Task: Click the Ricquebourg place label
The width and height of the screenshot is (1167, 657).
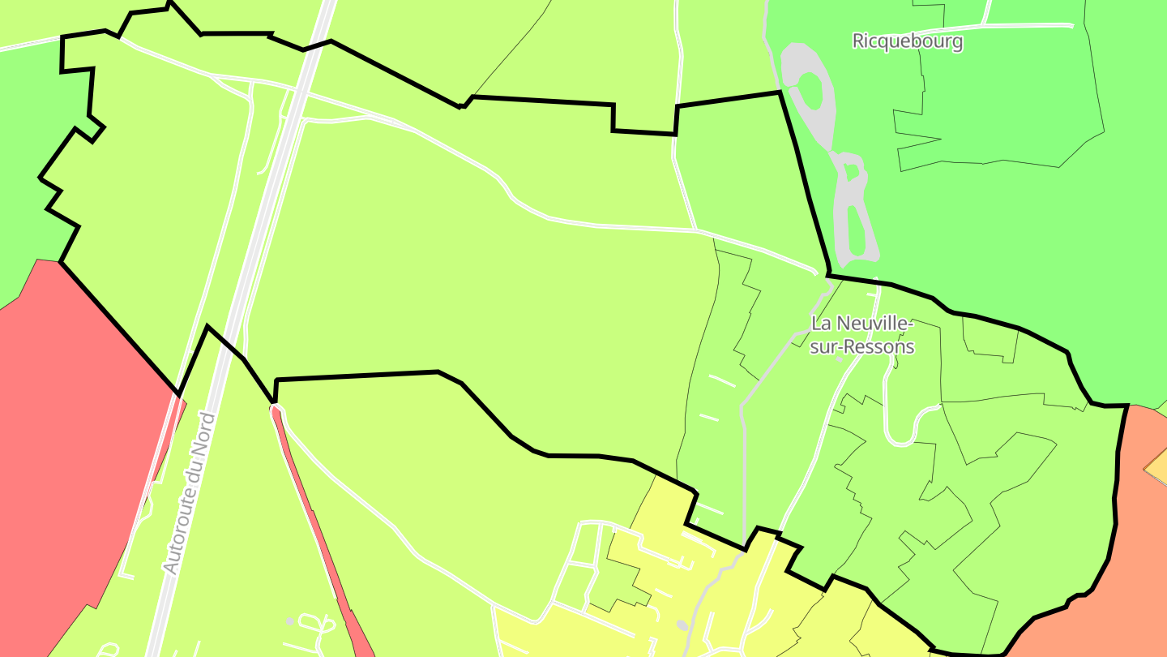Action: click(x=907, y=41)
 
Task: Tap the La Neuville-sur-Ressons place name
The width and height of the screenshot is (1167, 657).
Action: click(x=862, y=335)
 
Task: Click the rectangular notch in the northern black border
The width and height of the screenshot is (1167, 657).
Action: click(x=644, y=118)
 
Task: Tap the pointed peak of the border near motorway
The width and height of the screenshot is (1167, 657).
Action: click(x=207, y=327)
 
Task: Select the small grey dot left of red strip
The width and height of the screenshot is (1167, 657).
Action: click(x=290, y=622)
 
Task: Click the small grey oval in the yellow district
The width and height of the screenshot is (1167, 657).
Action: click(x=681, y=625)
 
